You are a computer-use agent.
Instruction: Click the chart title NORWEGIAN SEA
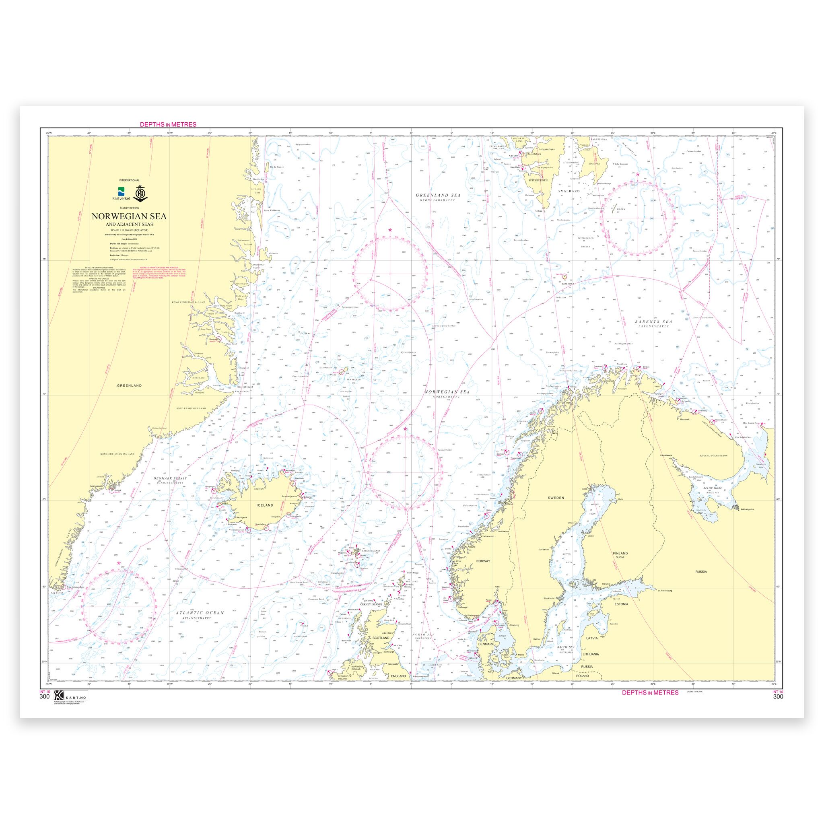point(129,216)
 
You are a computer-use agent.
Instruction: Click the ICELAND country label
point(264,505)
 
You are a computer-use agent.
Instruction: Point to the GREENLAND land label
point(130,385)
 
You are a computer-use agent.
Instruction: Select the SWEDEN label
point(556,498)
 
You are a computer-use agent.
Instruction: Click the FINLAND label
point(620,553)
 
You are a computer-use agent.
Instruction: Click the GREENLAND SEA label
point(435,195)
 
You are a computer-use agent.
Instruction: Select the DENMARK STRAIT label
point(170,478)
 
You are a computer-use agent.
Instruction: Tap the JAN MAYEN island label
point(354,379)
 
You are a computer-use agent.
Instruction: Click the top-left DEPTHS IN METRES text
point(168,125)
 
